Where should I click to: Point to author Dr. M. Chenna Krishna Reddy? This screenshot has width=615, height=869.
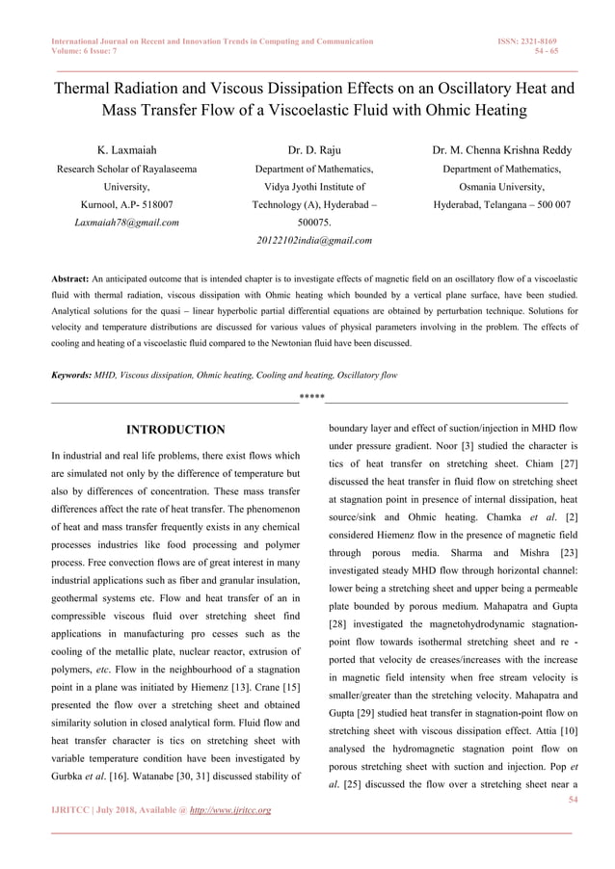click(501, 150)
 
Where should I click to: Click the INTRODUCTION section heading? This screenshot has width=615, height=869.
click(176, 430)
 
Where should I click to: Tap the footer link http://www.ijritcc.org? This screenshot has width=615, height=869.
click(225, 810)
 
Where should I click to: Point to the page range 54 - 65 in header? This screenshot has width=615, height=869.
click(547, 52)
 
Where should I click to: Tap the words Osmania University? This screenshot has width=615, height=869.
click(501, 187)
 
